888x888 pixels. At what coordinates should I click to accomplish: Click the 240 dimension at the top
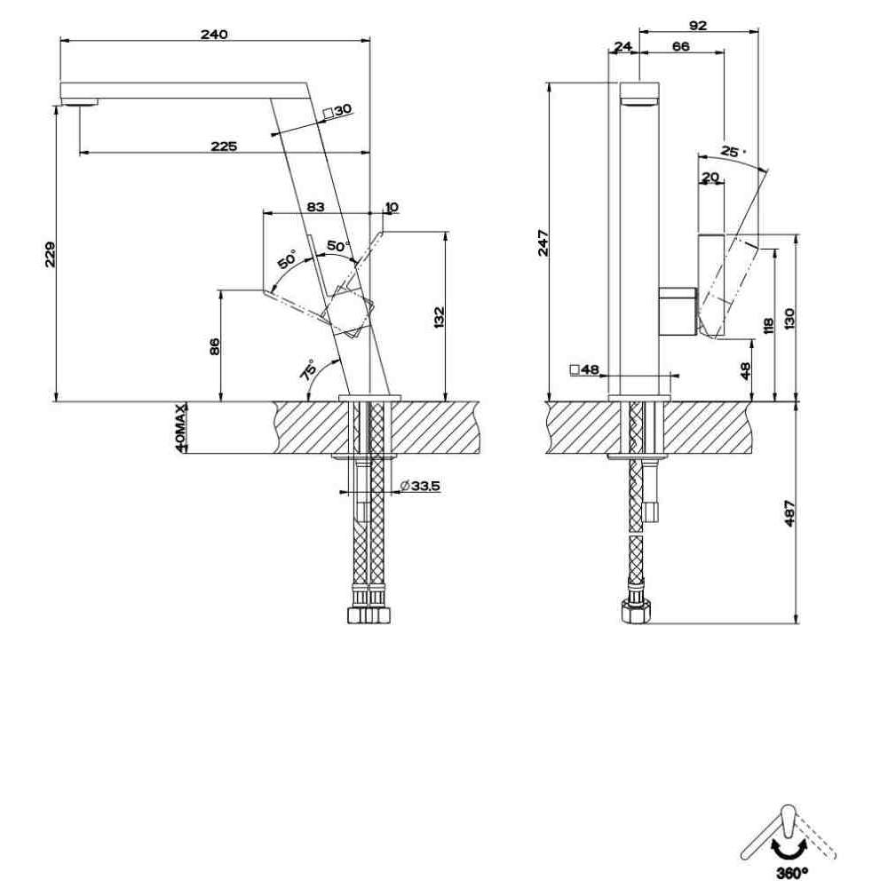pyautogui.click(x=214, y=34)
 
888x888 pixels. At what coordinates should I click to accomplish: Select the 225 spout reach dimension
pyautogui.click(x=224, y=147)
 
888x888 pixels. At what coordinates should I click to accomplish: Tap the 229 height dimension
pyautogui.click(x=51, y=254)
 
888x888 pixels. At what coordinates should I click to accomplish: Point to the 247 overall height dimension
pyautogui.click(x=543, y=242)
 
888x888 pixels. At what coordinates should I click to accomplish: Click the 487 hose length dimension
pyautogui.click(x=790, y=512)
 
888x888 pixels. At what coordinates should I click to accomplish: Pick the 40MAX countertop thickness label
pyautogui.click(x=180, y=428)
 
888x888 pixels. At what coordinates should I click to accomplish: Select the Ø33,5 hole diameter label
pyautogui.click(x=420, y=486)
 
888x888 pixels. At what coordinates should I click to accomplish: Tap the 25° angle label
pyautogui.click(x=733, y=152)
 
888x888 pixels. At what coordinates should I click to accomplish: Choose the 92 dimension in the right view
pyautogui.click(x=699, y=26)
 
